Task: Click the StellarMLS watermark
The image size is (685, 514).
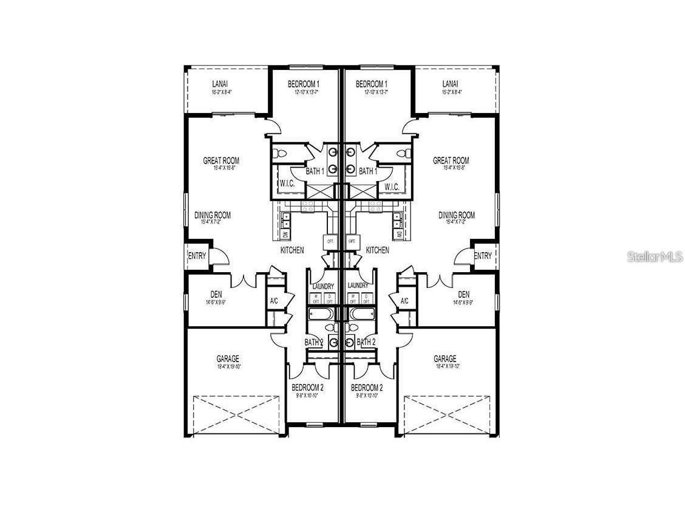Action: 655,256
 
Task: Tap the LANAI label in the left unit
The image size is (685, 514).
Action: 220,83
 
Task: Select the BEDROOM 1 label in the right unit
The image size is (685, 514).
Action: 372,83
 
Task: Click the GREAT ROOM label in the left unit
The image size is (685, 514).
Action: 221,160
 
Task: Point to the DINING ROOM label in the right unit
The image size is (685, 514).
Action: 457,215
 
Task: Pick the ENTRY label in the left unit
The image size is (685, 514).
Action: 197,256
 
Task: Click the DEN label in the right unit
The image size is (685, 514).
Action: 464,295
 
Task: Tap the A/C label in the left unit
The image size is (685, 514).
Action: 274,301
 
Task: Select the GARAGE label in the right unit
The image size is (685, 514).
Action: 445,358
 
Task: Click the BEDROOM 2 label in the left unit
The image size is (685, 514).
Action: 307,387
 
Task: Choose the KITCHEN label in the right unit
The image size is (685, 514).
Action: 378,250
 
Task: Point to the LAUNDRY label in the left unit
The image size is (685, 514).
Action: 323,286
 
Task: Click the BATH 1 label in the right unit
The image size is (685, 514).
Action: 368,171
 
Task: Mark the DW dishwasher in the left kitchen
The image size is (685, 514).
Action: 285,235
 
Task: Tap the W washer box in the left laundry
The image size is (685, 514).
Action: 316,298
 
